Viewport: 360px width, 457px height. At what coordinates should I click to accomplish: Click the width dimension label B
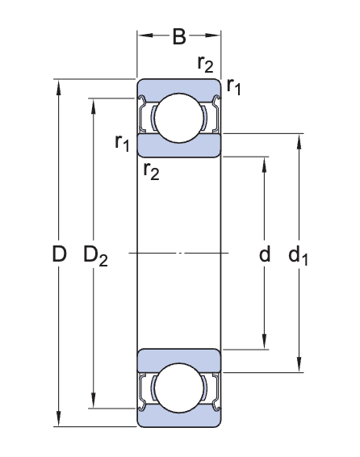pyautogui.click(x=179, y=36)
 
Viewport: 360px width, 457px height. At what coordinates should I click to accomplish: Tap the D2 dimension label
pyautogui.click(x=95, y=256)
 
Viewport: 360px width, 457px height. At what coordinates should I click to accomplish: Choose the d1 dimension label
pyautogui.click(x=299, y=256)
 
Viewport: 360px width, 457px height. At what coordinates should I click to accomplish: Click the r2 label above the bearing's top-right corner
pyautogui.click(x=205, y=64)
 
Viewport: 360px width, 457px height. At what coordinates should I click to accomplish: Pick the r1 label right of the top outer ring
pyautogui.click(x=233, y=86)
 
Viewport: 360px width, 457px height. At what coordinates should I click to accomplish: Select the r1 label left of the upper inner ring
pyautogui.click(x=122, y=143)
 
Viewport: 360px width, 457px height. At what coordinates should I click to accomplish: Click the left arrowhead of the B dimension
pyautogui.click(x=143, y=36)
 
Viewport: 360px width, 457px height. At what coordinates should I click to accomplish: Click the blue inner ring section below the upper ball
pyautogui.click(x=179, y=146)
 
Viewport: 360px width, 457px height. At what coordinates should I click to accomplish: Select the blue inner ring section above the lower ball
pyautogui.click(x=179, y=358)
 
